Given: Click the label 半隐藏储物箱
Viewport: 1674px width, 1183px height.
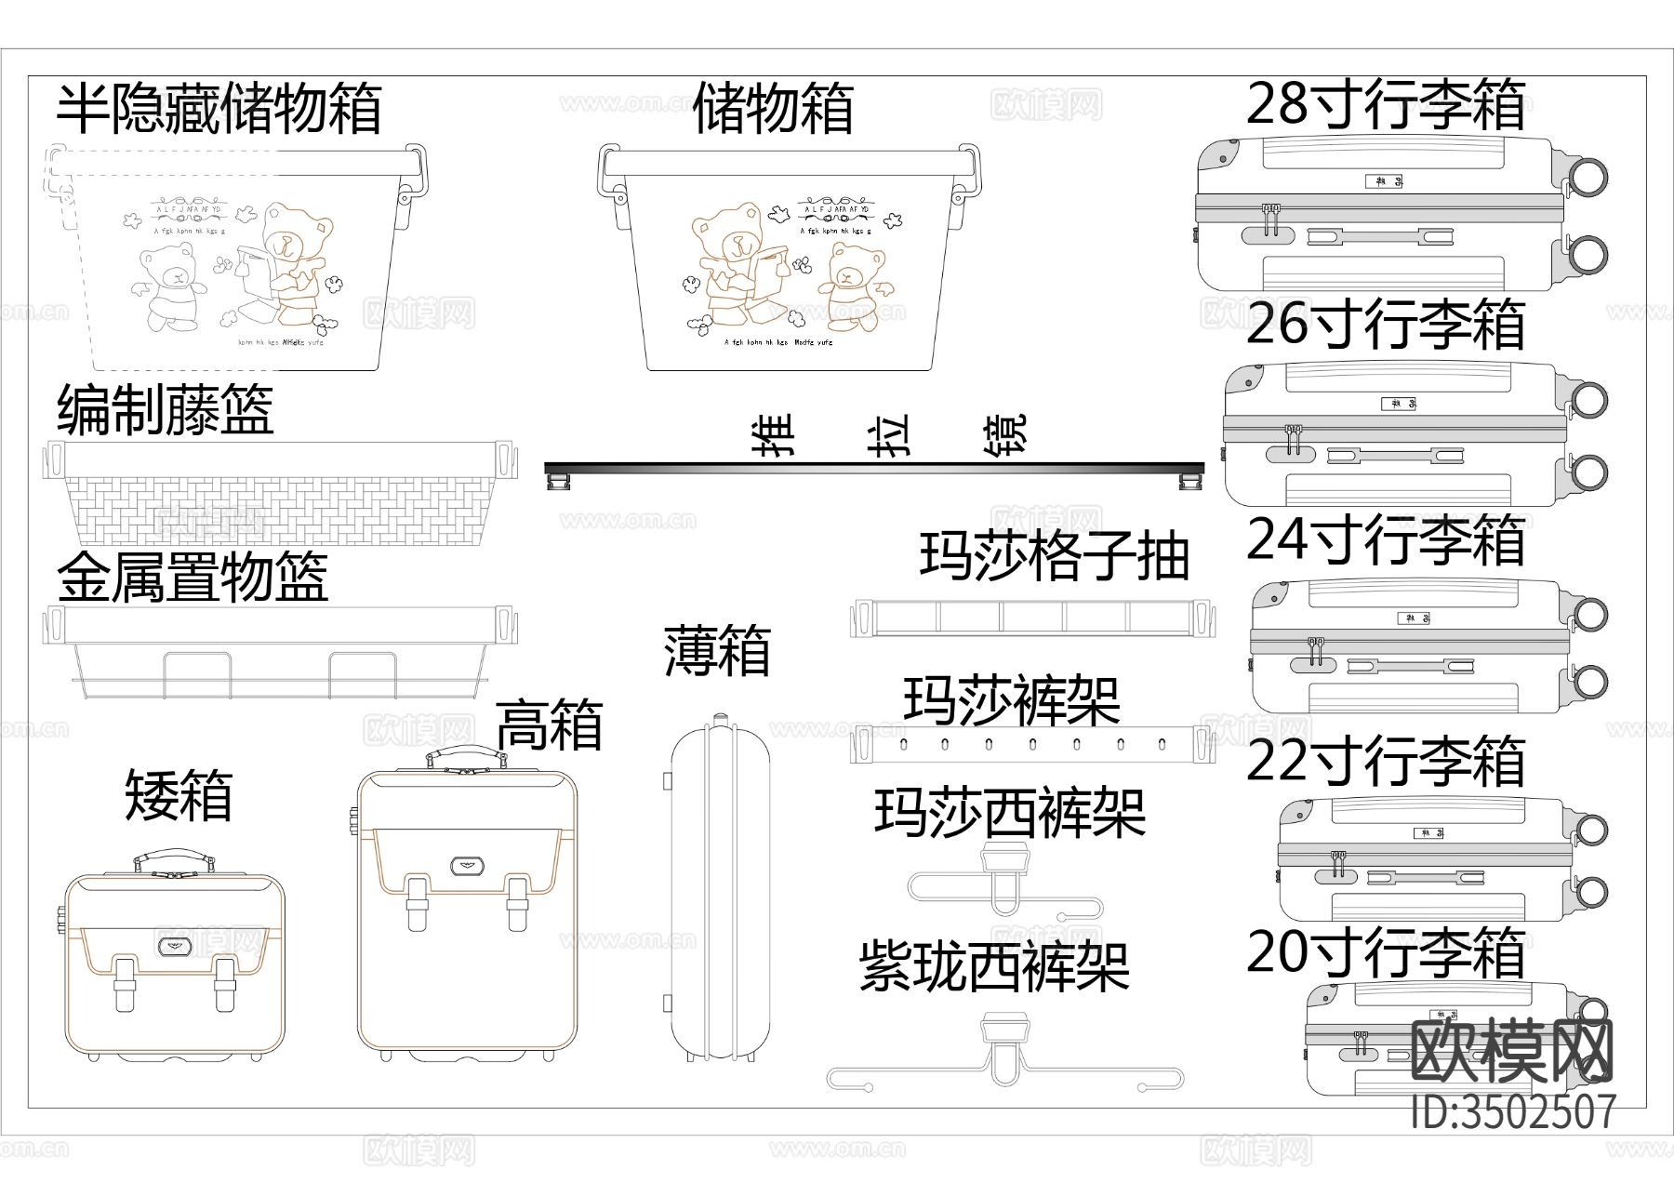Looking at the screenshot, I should pos(219,109).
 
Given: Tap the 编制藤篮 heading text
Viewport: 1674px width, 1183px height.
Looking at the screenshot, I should pos(166,409).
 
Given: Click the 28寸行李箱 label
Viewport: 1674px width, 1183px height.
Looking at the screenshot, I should pos(1386,104).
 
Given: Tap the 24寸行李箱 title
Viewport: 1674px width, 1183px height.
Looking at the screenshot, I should pos(1386,540).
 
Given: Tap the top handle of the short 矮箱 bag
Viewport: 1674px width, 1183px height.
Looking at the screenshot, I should pos(174,856).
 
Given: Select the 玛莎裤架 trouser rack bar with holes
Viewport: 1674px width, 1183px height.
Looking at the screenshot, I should pos(1032,745).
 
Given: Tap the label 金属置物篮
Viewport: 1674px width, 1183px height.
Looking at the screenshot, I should pos(193,578).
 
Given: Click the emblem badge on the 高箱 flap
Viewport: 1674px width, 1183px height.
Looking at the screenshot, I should pos(466,864).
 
